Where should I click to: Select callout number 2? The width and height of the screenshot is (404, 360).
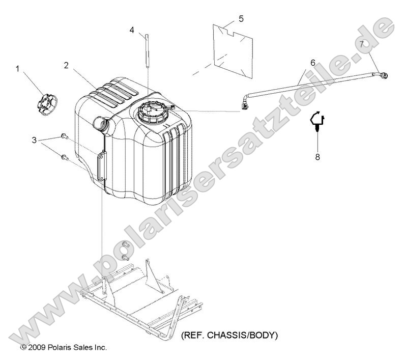[x=67, y=66]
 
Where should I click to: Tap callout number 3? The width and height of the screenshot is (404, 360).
[x=34, y=140]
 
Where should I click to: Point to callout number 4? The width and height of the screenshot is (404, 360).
[x=132, y=30]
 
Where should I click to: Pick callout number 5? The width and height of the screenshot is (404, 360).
[x=241, y=19]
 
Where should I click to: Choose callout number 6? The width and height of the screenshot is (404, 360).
[x=313, y=63]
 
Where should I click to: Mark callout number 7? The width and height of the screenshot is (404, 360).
[x=361, y=44]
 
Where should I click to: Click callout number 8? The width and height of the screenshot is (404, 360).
[x=318, y=156]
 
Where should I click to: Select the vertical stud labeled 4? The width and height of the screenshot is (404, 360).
[x=147, y=50]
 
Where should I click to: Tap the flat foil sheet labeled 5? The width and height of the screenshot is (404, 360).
[x=233, y=51]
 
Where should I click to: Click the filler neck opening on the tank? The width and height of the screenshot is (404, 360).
[x=100, y=123]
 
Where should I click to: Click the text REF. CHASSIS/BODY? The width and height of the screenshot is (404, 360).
[x=229, y=335]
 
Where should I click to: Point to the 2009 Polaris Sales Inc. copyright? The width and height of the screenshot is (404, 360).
[x=64, y=347]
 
